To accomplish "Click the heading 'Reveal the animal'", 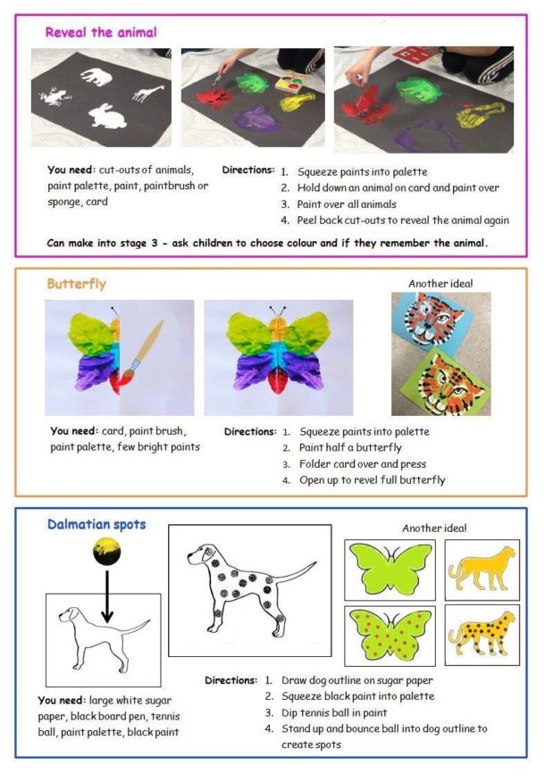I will pos(101,33).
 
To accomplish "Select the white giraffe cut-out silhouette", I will pos(149,91).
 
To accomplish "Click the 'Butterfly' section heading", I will pos(76,284).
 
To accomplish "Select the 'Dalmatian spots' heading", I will pos(96,526).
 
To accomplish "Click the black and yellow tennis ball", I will pos(108,557).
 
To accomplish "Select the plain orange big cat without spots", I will pos(482,568).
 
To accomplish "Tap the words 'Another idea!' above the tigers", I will pos(440,284).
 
